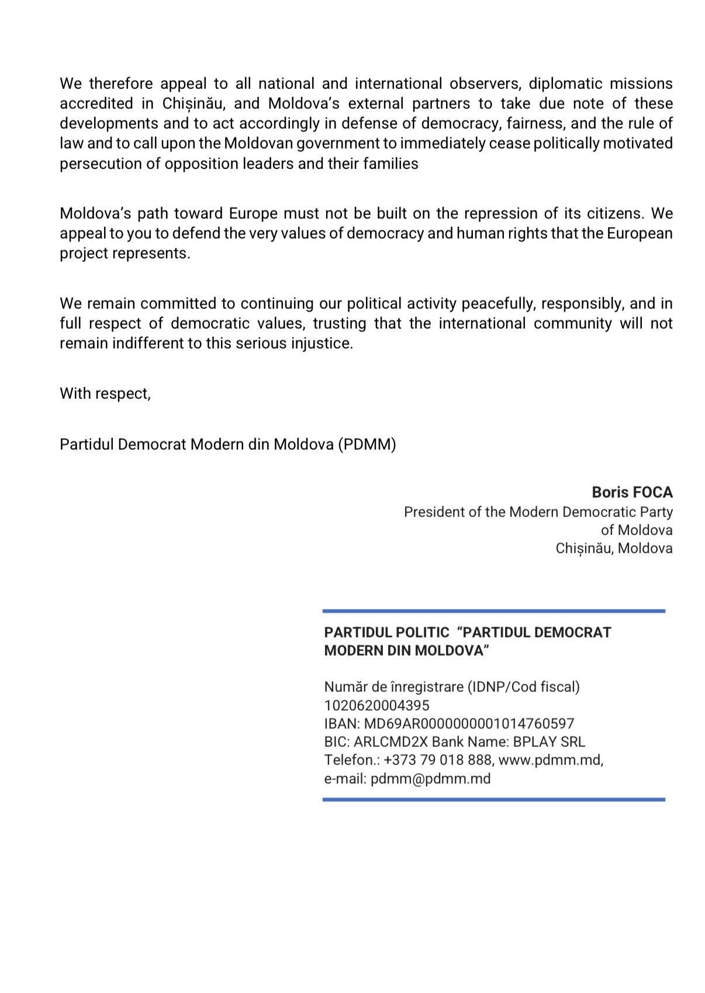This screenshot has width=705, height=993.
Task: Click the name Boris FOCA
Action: [632, 492]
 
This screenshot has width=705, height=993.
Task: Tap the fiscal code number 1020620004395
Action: [376, 705]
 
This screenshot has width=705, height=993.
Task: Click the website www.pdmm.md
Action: [550, 760]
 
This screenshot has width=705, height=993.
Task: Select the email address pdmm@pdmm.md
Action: [430, 778]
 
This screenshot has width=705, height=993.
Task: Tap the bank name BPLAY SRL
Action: [549, 742]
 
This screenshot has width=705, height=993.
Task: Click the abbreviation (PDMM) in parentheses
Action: [367, 444]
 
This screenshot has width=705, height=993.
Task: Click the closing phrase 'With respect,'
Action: [105, 394]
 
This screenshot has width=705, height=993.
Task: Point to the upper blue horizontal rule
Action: [493, 611]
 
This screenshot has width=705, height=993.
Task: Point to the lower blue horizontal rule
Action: [493, 799]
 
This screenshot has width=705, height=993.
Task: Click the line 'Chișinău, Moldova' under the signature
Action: [614, 549]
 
